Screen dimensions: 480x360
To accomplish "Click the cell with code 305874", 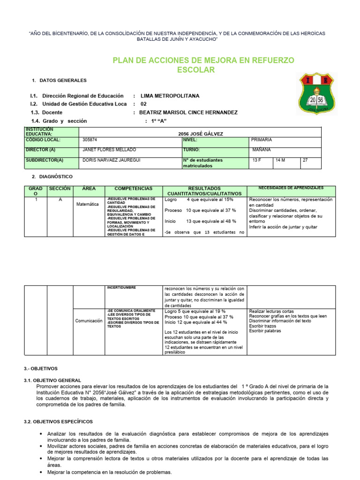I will tap(90, 140).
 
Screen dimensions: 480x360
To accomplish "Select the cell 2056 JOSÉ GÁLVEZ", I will tap(201, 134).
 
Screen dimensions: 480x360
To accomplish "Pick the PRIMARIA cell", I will tap(262, 140).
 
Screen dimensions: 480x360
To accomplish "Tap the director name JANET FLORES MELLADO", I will tap(109, 150).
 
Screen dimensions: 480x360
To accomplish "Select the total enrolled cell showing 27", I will tap(305, 160).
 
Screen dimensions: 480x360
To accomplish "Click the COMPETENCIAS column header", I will tap(134, 188).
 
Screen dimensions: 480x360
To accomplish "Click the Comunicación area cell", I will tap(89, 321).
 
